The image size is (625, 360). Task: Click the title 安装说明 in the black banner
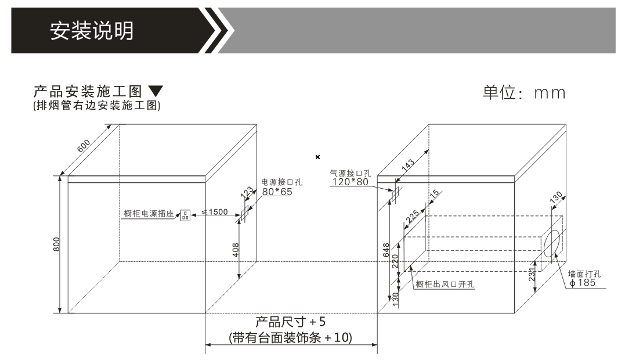[x=92, y=31]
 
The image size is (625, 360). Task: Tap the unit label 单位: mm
[x=524, y=92]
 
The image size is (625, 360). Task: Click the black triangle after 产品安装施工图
[x=156, y=91]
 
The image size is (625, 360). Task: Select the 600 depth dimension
[x=84, y=146]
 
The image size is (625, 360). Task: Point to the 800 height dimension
[x=56, y=244]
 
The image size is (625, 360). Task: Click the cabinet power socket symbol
[x=185, y=215]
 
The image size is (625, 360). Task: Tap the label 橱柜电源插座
[x=149, y=214]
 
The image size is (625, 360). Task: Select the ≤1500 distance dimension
[x=215, y=212]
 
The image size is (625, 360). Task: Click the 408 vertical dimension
[x=236, y=250]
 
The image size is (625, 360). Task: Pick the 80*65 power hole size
[x=277, y=192]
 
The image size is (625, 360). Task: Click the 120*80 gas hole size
[x=351, y=182]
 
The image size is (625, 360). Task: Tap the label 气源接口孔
[x=351, y=173]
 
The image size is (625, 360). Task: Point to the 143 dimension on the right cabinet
[x=407, y=165]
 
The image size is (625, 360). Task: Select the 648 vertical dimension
[x=386, y=250]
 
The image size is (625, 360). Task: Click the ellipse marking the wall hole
[x=552, y=243]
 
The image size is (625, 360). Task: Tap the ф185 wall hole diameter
[x=583, y=283]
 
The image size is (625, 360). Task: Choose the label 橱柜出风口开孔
[x=445, y=285]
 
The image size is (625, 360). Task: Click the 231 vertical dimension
[x=532, y=275]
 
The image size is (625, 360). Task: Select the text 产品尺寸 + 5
[x=291, y=322]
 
